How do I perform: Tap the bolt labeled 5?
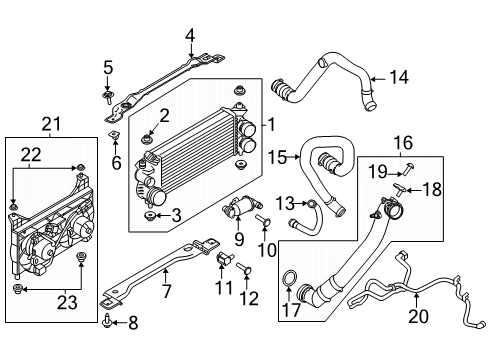[x=108, y=97]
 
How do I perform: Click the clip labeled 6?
[x=114, y=133]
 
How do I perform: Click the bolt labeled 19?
[x=411, y=162]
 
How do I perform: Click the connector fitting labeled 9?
[x=237, y=211]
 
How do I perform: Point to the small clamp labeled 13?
[x=312, y=205]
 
